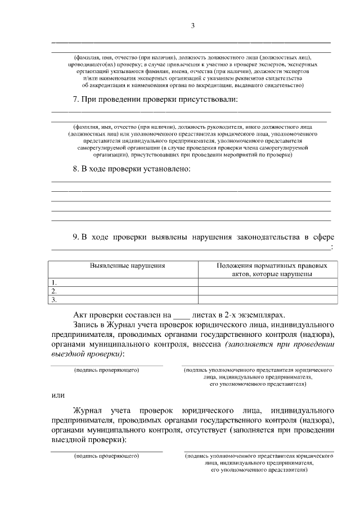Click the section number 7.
click(x=76, y=100)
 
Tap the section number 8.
click(x=76, y=169)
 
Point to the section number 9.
click(x=76, y=237)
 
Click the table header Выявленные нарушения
click(x=123, y=265)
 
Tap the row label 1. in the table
click(x=54, y=282)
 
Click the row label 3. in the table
click(x=54, y=300)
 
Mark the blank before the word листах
click(x=182, y=317)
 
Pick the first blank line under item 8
click(x=191, y=182)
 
